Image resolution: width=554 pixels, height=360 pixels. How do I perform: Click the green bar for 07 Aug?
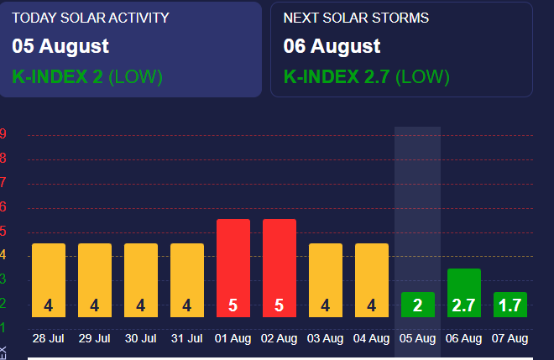point(510,304)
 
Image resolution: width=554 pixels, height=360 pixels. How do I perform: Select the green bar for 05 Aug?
point(417,304)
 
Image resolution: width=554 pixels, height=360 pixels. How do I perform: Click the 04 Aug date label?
point(371,339)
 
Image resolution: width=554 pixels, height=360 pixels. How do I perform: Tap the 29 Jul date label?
point(94,339)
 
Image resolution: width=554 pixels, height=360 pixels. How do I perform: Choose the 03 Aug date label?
point(325,339)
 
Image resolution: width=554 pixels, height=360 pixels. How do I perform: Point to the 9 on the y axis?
point(4,134)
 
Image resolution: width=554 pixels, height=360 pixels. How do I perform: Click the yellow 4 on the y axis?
point(4,255)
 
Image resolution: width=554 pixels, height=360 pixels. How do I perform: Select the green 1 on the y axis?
point(4,327)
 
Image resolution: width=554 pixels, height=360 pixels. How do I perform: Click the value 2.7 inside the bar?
point(463,306)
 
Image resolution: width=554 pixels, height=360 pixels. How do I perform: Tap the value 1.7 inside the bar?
point(510,306)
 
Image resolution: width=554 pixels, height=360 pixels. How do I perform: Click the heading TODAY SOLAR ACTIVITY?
point(91,18)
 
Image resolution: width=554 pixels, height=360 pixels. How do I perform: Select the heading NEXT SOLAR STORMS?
point(357,18)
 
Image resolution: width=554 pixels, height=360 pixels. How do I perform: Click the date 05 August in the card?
point(60,46)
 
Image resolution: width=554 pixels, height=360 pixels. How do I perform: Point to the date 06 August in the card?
point(332,46)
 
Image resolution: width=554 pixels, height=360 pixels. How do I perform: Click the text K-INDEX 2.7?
point(337,77)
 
